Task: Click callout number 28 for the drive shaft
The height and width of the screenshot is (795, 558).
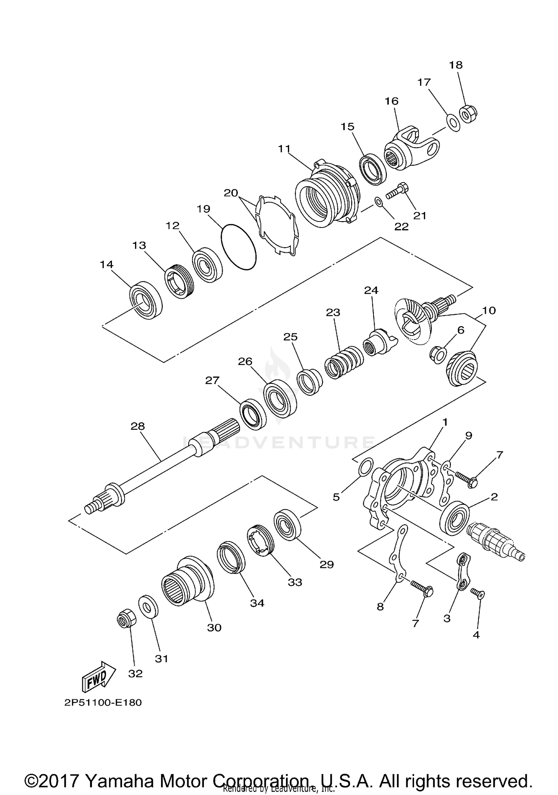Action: click(137, 426)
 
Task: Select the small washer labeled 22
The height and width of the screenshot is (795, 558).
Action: click(378, 202)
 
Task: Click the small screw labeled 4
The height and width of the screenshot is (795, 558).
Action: click(477, 592)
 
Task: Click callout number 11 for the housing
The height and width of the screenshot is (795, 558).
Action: click(284, 149)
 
